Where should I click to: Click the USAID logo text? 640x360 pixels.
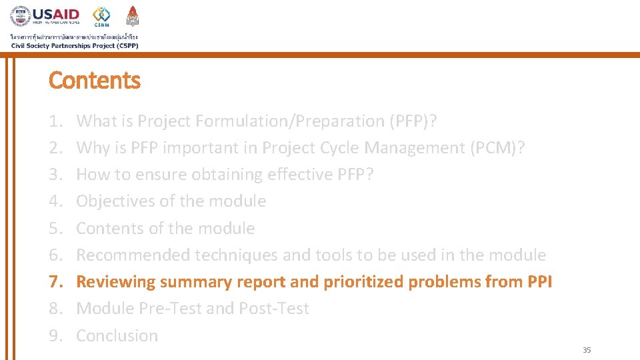click(56, 14)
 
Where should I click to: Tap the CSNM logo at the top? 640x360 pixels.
click(101, 16)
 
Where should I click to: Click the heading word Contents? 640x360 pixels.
click(95, 81)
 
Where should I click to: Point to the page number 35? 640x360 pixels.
click(587, 350)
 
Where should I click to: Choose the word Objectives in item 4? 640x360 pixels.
click(111, 201)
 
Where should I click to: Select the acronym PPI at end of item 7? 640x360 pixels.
click(539, 282)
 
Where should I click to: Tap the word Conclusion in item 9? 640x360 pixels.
click(117, 336)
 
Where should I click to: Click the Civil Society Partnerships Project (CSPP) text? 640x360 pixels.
click(74, 45)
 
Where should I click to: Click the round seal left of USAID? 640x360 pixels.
click(20, 16)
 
